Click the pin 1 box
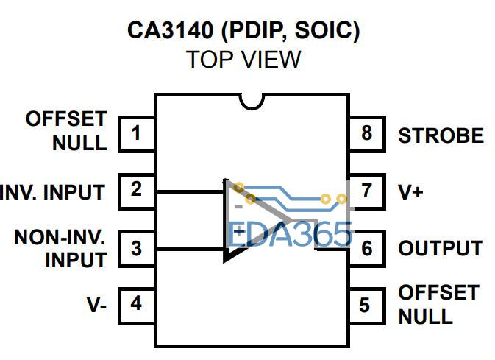(136, 133)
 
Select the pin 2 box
(136, 190)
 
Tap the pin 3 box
(136, 247)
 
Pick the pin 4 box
(136, 303)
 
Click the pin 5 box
(366, 304)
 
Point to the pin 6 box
(366, 248)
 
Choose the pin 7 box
(366, 191)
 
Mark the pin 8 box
(366, 134)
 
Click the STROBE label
(441, 136)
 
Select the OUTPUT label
(440, 249)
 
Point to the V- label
(97, 304)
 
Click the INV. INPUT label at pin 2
(53, 192)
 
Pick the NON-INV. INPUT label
(60, 248)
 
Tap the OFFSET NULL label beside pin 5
(437, 305)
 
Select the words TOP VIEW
(243, 60)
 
